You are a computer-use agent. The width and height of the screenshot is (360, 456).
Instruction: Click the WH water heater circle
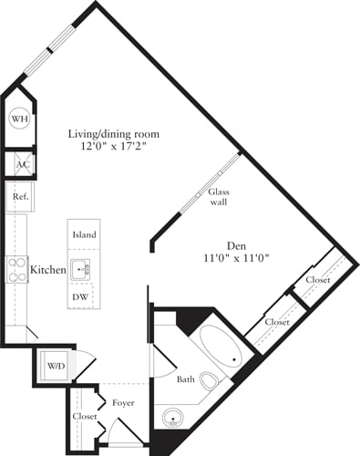point(19,119)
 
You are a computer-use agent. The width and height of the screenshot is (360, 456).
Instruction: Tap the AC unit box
point(19,164)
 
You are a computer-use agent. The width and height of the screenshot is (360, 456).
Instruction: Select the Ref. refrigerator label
point(18,196)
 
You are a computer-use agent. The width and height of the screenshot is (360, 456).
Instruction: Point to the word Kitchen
point(46,270)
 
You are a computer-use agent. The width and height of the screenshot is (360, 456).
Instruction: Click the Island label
point(84,234)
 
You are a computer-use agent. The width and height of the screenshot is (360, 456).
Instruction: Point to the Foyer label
point(123,401)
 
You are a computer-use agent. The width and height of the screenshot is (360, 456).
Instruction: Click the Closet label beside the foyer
point(85,416)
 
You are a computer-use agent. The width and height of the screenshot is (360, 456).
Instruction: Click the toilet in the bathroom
point(210,380)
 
